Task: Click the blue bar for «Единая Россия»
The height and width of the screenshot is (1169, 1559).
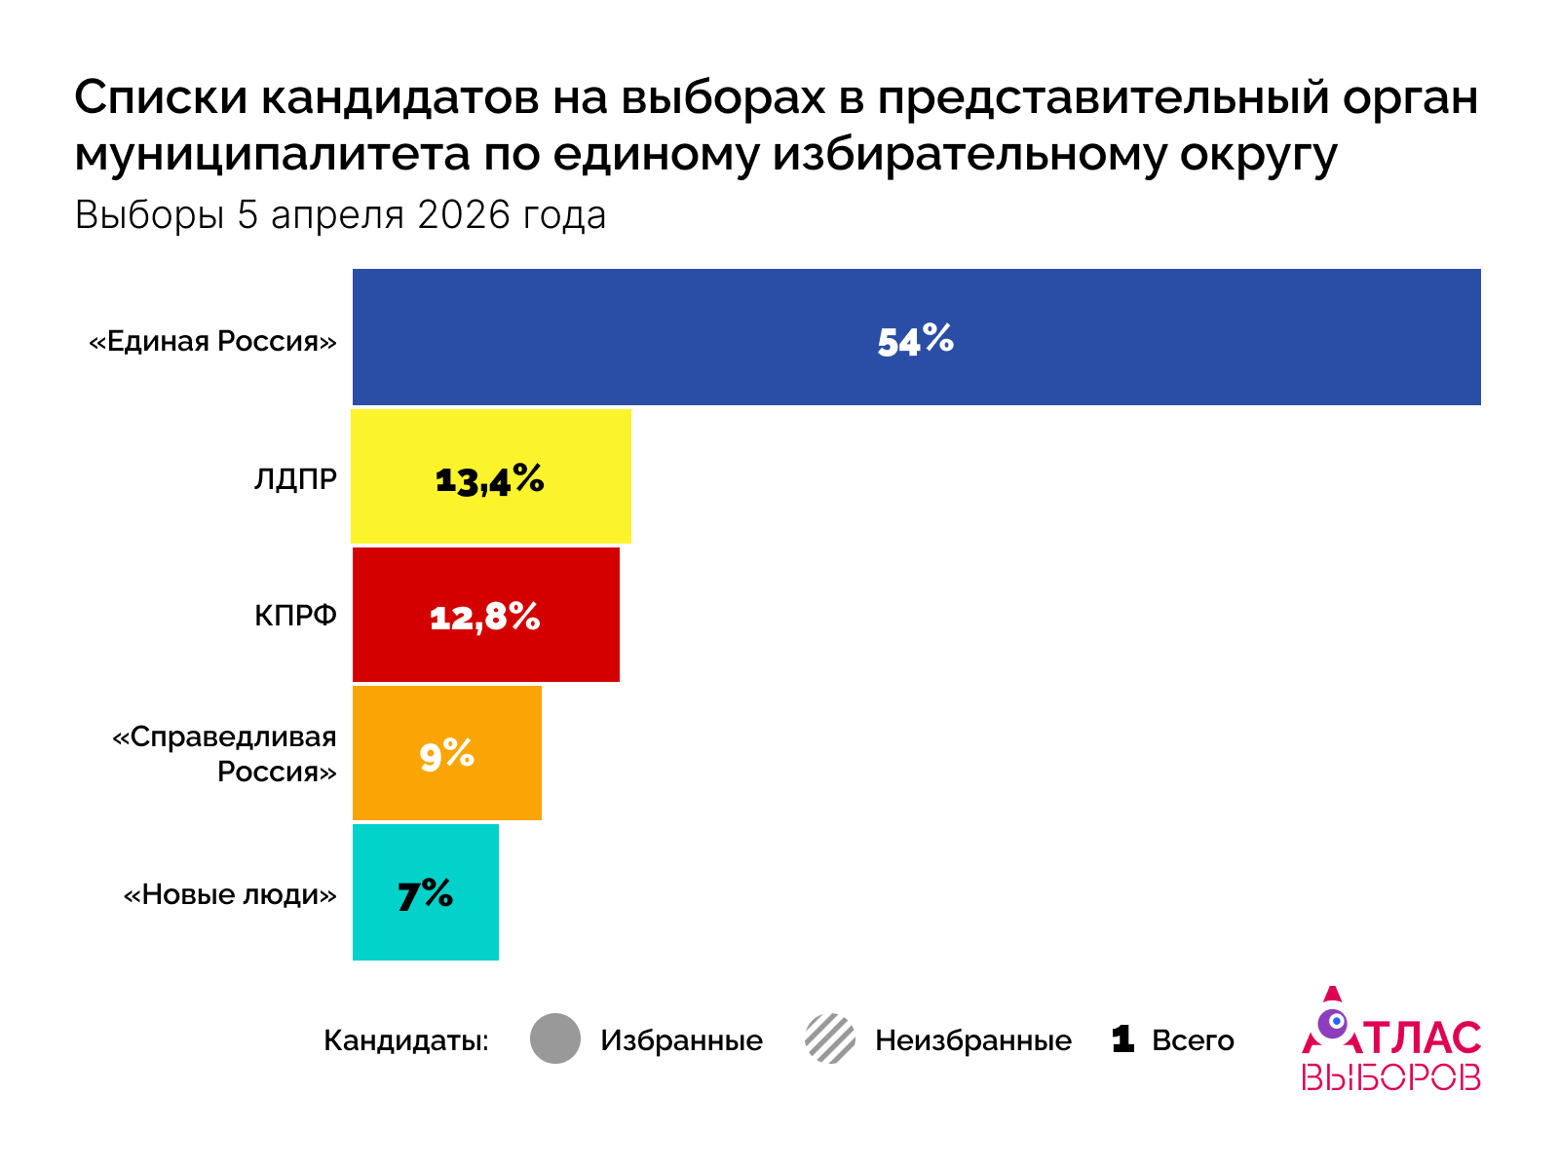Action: pos(1169,337)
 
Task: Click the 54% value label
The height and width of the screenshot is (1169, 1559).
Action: pos(915,340)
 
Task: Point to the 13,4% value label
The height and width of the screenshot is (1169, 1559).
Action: pos(489,479)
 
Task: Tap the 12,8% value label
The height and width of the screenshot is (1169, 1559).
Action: pos(484,617)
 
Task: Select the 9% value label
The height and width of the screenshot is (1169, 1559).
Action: pos(446,754)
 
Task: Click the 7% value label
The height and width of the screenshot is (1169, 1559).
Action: pos(425,893)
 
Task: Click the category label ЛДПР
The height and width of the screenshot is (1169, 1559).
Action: pos(295,479)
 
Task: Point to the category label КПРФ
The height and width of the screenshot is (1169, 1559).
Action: pos(295,616)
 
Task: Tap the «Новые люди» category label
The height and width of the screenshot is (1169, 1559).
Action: pos(230,894)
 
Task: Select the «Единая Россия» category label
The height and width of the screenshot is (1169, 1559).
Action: pos(212,341)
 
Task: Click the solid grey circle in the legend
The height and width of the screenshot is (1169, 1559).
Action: pos(555,1038)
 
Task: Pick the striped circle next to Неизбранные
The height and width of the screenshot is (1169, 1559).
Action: pos(830,1038)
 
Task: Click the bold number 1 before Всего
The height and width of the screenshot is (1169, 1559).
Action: pos(1122,1038)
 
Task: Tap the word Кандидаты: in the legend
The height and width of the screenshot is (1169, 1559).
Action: pos(405,1040)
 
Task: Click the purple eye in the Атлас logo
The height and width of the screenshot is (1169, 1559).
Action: pos(1333,1023)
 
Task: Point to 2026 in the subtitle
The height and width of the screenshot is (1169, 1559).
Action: pos(464,215)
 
